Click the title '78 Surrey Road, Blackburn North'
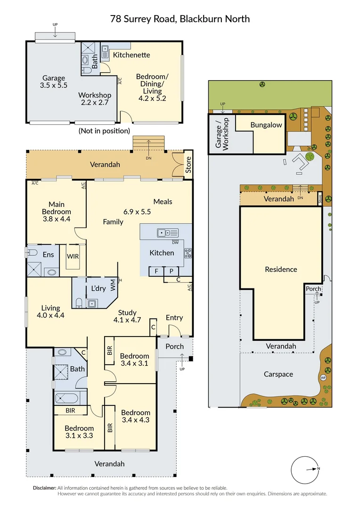(x=180, y=19)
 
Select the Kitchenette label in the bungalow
(x=131, y=55)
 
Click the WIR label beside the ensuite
(x=73, y=256)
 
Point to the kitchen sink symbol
(x=168, y=233)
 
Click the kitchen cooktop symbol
(x=188, y=253)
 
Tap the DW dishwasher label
(x=175, y=243)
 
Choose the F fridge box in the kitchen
(x=156, y=271)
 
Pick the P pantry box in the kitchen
(x=171, y=271)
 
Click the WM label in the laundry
(x=113, y=285)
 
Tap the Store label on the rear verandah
(x=188, y=164)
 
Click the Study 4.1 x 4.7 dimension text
(x=127, y=316)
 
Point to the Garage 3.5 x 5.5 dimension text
(x=54, y=82)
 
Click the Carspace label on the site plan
(x=278, y=374)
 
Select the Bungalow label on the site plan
(x=266, y=125)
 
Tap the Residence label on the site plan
(x=281, y=270)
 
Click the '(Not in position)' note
(x=104, y=131)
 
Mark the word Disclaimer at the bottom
(x=44, y=488)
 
